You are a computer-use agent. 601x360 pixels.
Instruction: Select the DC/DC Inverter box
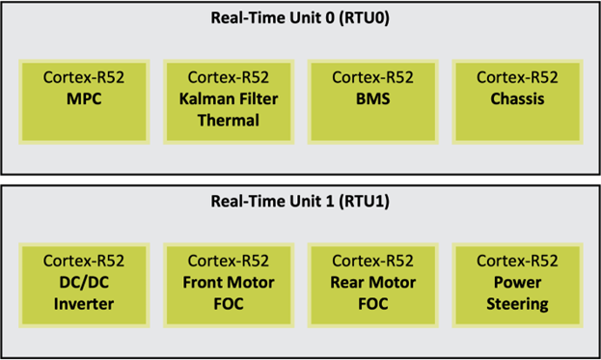coord(84,282)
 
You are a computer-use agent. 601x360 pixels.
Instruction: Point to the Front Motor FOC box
coord(229,282)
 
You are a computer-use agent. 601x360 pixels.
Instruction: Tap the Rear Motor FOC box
coord(372,282)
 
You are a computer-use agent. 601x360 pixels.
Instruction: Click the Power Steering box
coord(517,282)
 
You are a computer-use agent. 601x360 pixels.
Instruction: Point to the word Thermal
coord(229,121)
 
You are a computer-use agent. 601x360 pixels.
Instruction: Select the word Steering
coord(517,304)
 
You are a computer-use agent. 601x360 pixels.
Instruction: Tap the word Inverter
coord(84,304)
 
